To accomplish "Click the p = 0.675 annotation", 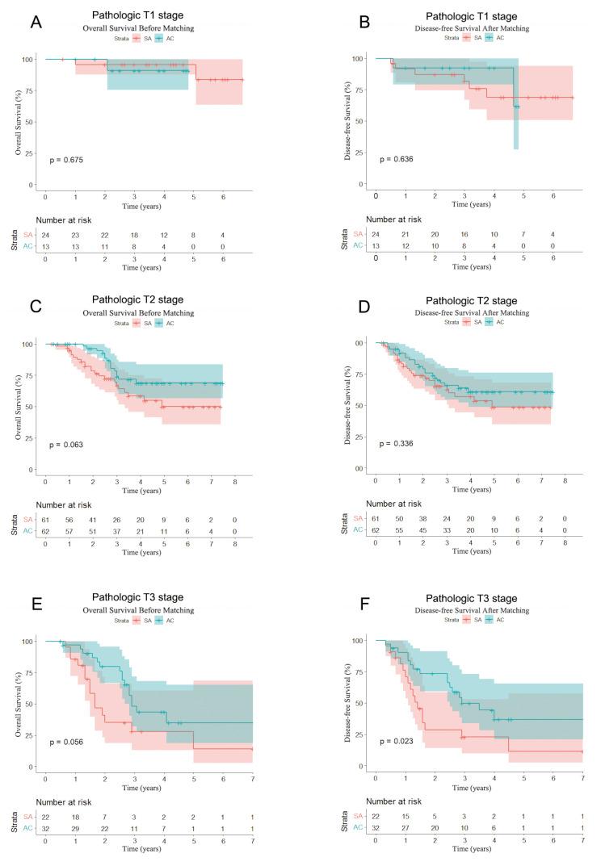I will pyautogui.click(x=67, y=159).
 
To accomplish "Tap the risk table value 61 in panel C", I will pyautogui.click(x=45, y=522).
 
